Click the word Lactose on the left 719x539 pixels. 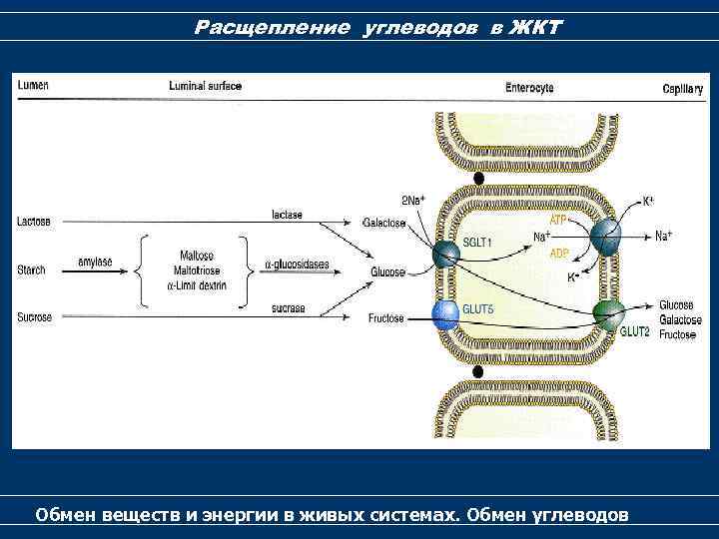click(35, 222)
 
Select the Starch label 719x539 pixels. click(32, 270)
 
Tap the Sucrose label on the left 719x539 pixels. click(35, 317)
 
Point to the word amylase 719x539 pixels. click(96, 263)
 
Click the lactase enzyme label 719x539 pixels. click(287, 215)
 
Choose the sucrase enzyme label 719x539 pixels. click(288, 309)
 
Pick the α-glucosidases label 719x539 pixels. click(297, 265)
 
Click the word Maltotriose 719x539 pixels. click(197, 269)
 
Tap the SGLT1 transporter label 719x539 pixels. click(477, 243)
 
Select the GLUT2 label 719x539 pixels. click(635, 330)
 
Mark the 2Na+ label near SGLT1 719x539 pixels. click(413, 199)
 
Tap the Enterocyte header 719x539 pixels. click(529, 88)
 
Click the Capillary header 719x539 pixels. click(683, 89)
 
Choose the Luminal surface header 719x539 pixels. click(205, 86)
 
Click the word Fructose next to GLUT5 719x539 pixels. click(385, 318)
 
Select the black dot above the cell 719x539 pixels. click(478, 178)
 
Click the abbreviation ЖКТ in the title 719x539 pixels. click(535, 27)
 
